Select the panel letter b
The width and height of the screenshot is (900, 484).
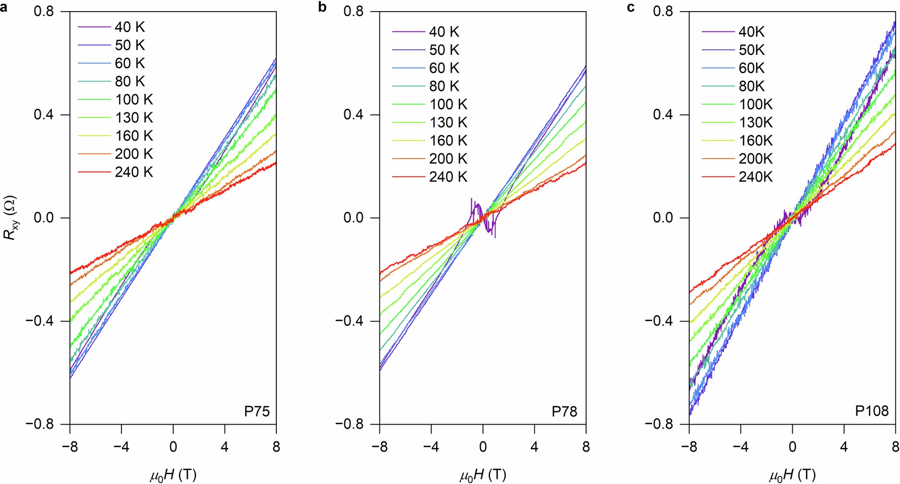pos(322,8)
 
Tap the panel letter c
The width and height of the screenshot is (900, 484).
pos(631,8)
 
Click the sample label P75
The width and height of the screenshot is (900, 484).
pos(256,411)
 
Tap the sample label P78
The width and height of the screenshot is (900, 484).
pos(564,411)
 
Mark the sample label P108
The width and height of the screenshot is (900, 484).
pos(872,411)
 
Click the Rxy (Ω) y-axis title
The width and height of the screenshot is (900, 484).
pos(11,218)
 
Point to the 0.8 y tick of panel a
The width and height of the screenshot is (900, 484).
pos(44,11)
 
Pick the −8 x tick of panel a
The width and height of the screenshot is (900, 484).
pos(70,447)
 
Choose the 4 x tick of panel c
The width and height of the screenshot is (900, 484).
pos(844,447)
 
